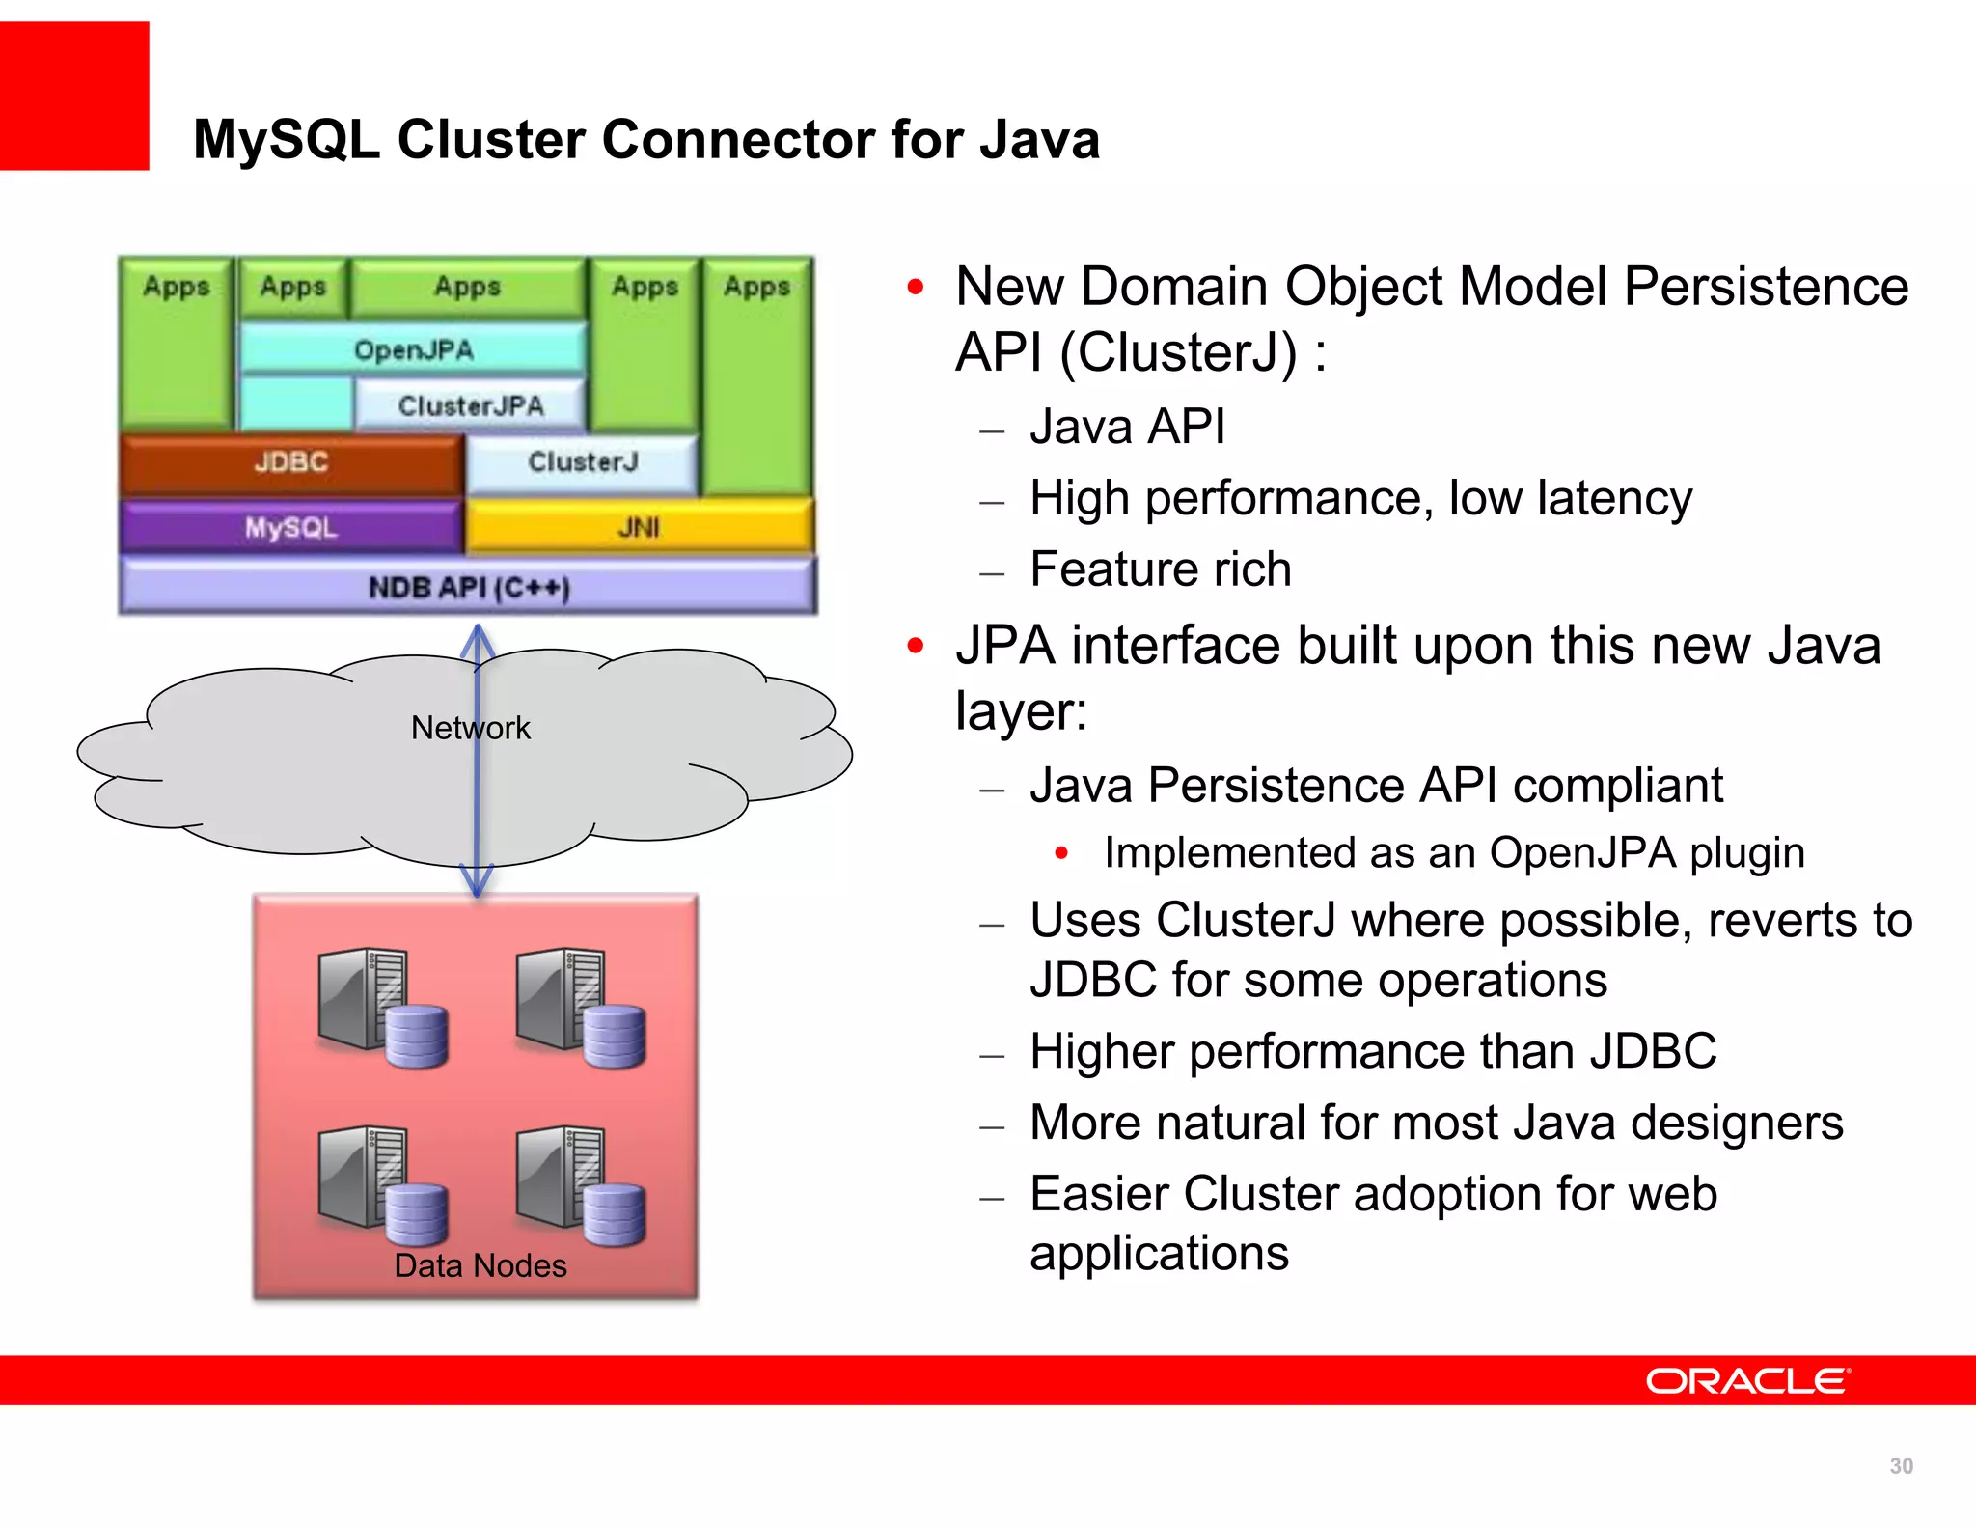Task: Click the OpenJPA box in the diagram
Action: tap(413, 349)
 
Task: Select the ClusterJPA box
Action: tap(470, 405)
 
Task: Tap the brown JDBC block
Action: tap(291, 462)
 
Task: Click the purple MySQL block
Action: tap(290, 528)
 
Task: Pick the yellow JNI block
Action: tap(639, 528)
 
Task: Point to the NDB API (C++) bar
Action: tap(469, 587)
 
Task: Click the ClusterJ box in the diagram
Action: tap(583, 462)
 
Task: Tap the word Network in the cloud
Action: tap(470, 728)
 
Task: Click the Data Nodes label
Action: tap(480, 1265)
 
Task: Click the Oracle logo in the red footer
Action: tap(1747, 1381)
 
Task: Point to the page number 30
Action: tap(1901, 1466)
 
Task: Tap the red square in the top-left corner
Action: tap(74, 96)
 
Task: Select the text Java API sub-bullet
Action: tap(1127, 427)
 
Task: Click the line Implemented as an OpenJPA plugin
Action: tap(1454, 853)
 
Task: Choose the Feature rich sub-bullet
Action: tap(1160, 569)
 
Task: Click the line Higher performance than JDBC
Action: tap(1373, 1051)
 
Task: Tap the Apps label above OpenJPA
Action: tap(467, 287)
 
